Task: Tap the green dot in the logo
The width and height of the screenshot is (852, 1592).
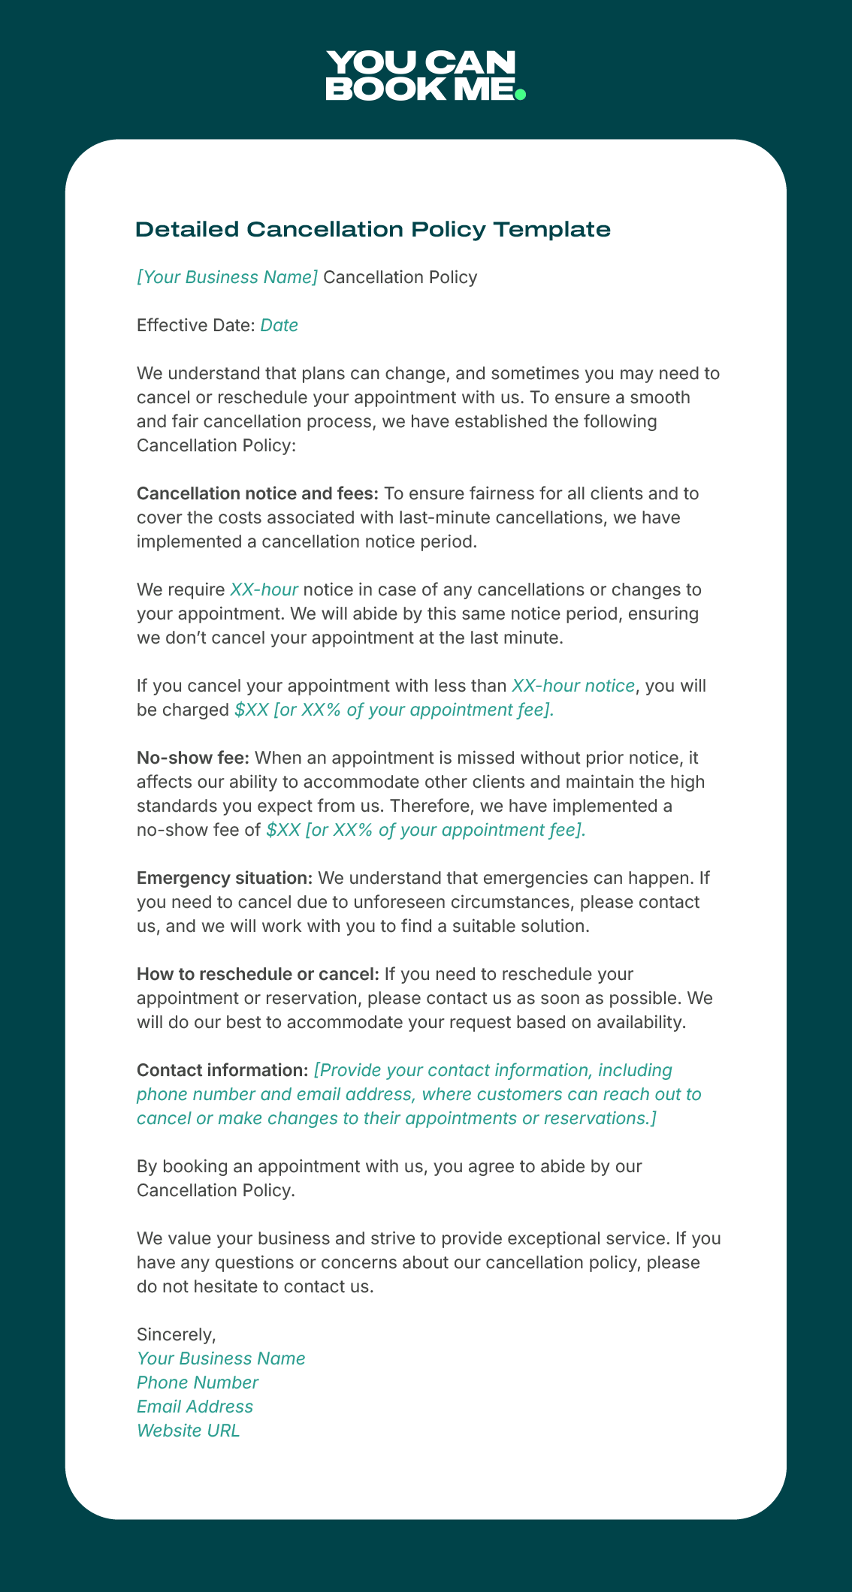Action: [x=520, y=94]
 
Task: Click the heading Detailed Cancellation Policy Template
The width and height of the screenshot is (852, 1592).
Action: [x=373, y=229]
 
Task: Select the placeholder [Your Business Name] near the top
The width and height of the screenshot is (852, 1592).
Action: [x=227, y=277]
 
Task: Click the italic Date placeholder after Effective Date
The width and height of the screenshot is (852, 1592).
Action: [x=279, y=325]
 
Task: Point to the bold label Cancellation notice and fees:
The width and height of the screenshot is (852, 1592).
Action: [x=258, y=493]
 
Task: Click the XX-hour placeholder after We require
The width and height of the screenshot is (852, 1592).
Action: [x=264, y=589]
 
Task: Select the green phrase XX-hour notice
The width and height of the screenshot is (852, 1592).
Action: [x=573, y=686]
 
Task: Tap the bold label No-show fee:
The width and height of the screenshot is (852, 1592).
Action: [x=193, y=758]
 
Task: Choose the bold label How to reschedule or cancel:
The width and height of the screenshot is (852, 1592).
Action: [x=258, y=974]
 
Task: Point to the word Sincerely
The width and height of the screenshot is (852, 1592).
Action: [x=176, y=1334]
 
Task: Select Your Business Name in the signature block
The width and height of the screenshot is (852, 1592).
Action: [x=221, y=1358]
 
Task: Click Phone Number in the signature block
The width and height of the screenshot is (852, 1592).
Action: [x=198, y=1382]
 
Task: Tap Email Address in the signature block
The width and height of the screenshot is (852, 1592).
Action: [x=195, y=1407]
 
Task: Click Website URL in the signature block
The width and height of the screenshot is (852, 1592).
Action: [x=188, y=1431]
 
